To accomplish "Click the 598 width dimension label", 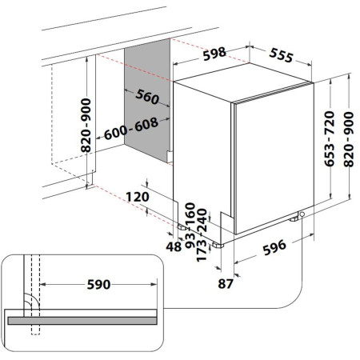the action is pos(214,54).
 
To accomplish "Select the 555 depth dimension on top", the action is pos(282,55).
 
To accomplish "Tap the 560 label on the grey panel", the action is pos(147,96).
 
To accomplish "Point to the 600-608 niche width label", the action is pos(131,129).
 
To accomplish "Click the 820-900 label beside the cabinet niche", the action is pos(86,126).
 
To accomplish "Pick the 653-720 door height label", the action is pos(330,138).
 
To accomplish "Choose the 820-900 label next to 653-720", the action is pos(349,139).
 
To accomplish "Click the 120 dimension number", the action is pos(138,197).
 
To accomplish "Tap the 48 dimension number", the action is pos(174,246).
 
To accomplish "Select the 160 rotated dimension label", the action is pos(190,214).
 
